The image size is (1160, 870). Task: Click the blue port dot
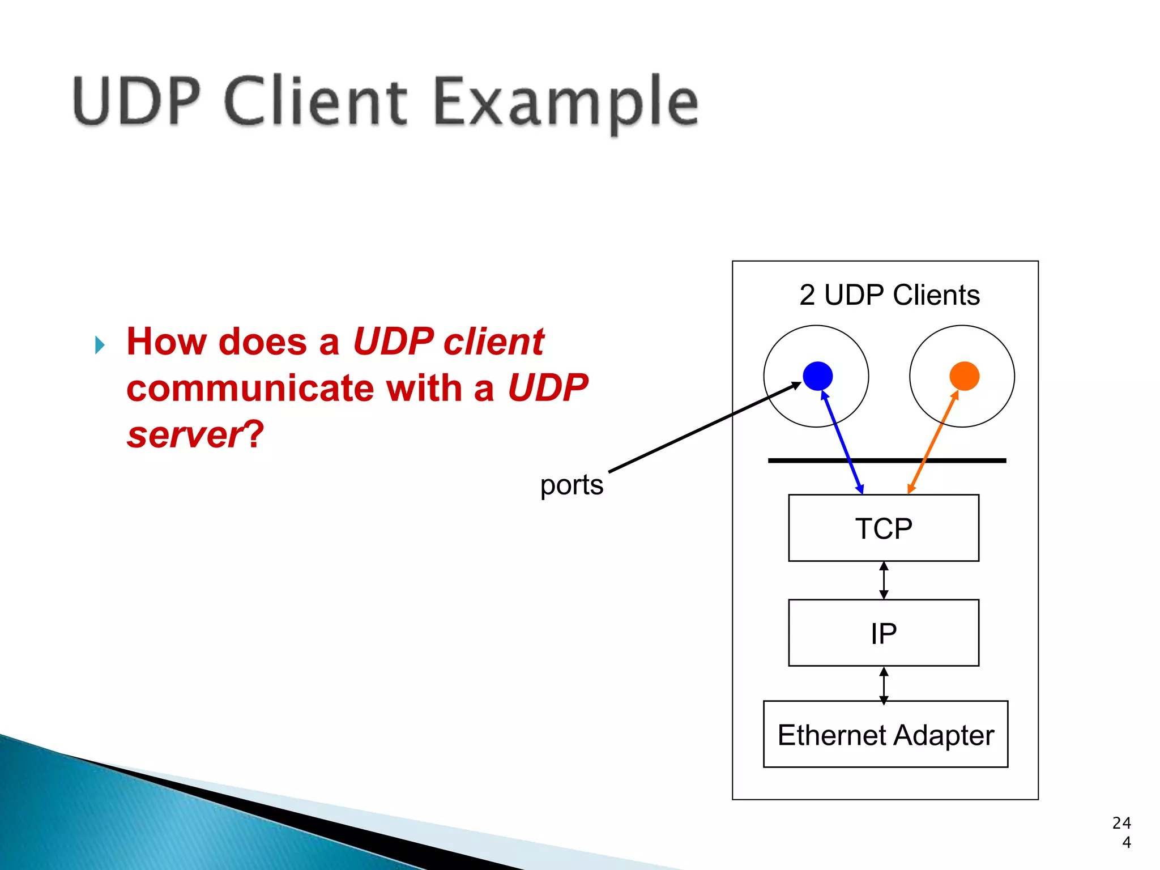(817, 376)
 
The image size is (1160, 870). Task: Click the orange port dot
(964, 376)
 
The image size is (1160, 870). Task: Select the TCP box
(884, 528)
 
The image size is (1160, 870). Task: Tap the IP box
(884, 633)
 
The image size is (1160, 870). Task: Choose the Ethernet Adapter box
(885, 735)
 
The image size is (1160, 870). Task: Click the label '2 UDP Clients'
(889, 295)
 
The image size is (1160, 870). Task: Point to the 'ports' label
(572, 485)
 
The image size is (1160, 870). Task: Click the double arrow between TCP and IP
(884, 581)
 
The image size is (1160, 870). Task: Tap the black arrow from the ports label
(702, 428)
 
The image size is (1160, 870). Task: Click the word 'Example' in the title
(566, 103)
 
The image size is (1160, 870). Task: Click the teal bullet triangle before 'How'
(100, 345)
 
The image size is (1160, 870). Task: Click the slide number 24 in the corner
(1121, 823)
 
